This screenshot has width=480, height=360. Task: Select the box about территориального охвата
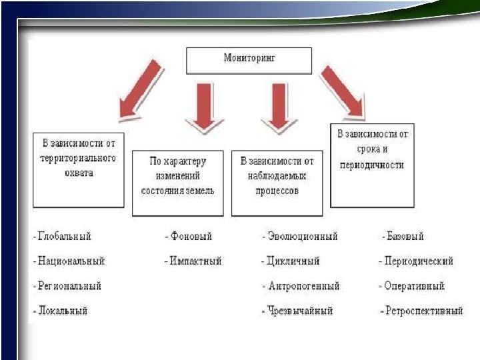pos(78,170)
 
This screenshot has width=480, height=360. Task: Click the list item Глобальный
pos(64,237)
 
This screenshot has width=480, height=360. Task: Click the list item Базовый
pos(405,237)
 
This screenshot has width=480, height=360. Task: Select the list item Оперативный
pos(413,286)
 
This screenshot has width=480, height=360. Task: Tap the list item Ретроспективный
pos(424,311)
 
